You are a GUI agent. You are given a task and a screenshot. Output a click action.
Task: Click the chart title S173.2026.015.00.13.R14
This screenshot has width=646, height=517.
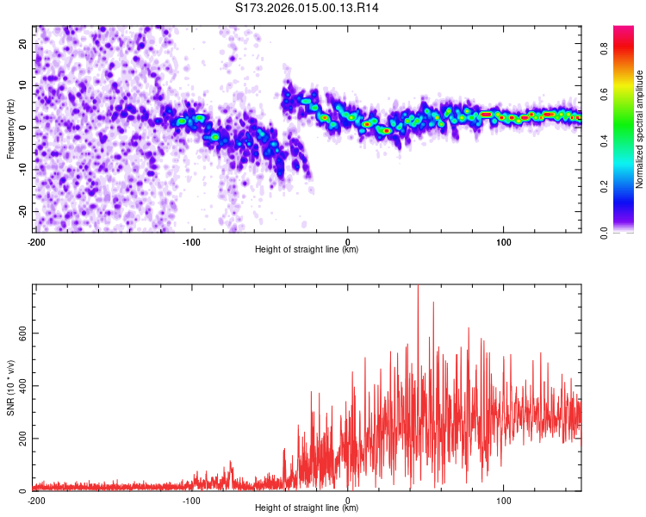coord(307,8)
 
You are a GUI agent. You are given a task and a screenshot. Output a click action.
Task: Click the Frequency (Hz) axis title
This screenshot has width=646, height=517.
coord(10,128)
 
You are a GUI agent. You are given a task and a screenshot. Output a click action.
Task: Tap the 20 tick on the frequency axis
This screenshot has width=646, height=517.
coord(23,43)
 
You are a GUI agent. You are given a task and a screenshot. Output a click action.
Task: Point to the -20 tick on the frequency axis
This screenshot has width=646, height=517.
coord(22,212)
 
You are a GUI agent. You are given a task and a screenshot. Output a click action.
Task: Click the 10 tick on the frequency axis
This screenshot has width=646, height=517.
coord(23,85)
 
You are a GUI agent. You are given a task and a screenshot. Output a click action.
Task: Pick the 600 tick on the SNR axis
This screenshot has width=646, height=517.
coord(20,333)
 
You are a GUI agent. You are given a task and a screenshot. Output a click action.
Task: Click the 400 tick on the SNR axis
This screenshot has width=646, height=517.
coord(20,386)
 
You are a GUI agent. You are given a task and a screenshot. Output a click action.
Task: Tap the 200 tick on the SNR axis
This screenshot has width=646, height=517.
coord(20,439)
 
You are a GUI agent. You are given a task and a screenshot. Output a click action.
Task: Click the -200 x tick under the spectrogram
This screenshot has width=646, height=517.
coord(36,241)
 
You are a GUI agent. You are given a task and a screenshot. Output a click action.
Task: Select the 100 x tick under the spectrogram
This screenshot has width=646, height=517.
coord(504,241)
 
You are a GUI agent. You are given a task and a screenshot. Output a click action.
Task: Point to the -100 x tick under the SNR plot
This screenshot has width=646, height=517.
coord(192,500)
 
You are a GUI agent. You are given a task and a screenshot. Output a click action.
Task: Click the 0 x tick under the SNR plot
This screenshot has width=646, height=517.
coord(348,500)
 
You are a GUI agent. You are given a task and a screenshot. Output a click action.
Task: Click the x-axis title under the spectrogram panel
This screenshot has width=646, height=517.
coord(307,250)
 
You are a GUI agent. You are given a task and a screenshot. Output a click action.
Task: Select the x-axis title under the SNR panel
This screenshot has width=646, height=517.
coord(307,508)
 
